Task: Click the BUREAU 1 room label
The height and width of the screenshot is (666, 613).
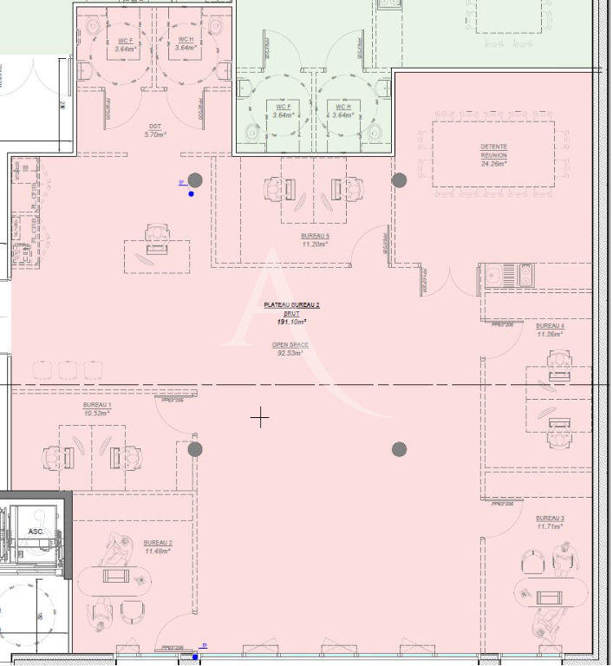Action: (x=97, y=405)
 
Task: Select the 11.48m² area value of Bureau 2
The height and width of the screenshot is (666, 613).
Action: (x=157, y=551)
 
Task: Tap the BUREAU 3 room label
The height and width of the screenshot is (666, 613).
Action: (x=550, y=518)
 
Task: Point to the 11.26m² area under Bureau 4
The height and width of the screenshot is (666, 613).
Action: (x=550, y=334)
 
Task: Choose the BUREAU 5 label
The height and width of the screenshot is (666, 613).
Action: (x=315, y=236)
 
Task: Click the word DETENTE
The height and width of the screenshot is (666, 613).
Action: (x=493, y=147)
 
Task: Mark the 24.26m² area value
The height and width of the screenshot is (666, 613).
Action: (x=493, y=163)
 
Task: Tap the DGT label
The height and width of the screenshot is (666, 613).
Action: (x=154, y=127)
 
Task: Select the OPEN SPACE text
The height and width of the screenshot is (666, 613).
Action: (x=290, y=344)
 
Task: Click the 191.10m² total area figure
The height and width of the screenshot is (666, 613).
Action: (x=291, y=321)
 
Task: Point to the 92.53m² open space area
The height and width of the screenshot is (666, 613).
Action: (x=290, y=353)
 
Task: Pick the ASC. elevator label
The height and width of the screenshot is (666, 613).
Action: (x=36, y=532)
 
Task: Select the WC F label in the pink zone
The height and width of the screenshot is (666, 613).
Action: (x=127, y=41)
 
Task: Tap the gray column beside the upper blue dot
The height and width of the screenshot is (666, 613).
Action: (x=195, y=180)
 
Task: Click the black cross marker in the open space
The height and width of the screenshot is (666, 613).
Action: (x=259, y=418)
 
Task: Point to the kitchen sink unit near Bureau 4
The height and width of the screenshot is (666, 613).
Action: (x=506, y=277)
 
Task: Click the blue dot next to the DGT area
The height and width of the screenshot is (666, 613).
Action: (x=191, y=193)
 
